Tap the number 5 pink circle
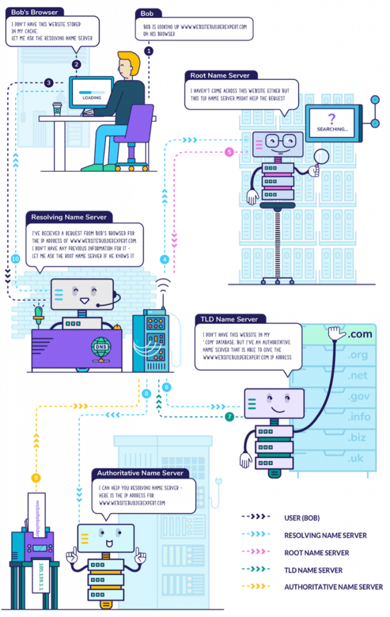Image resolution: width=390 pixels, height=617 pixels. pos(229,152)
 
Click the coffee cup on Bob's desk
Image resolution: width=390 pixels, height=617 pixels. pos(57,108)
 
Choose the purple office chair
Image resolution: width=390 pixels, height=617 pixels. pos(134,133)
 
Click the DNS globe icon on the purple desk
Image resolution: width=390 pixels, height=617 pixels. pos(101,348)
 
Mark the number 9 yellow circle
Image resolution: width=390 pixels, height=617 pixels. pos(36,478)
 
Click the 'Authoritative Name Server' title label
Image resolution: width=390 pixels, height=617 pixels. pos(140,473)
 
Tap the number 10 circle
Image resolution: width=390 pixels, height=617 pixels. pos(15,258)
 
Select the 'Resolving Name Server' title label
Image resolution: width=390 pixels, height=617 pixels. pos(68,217)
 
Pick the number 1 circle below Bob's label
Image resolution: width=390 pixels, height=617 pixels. pos(149,51)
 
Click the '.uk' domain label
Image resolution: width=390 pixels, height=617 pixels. pos(357,457)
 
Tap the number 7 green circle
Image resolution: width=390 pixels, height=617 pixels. pos(230,416)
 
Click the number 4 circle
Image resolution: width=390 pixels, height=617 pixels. pos(164,260)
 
